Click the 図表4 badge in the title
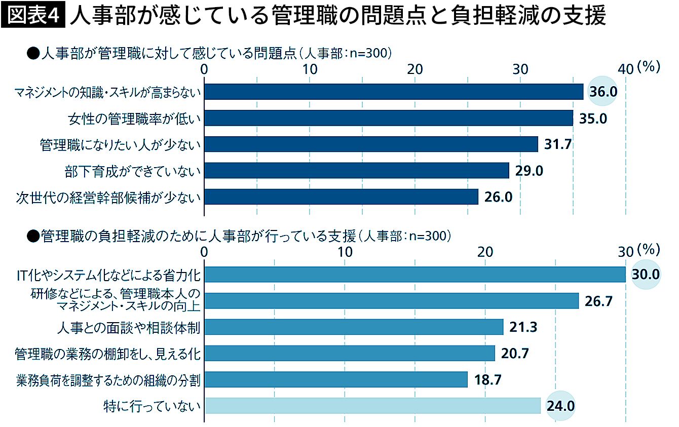click(x=33, y=17)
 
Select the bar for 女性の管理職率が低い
click(x=388, y=118)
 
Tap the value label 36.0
click(x=603, y=92)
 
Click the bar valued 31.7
click(x=370, y=144)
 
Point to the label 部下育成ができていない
click(x=133, y=171)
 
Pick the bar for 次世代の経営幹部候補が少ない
click(x=341, y=197)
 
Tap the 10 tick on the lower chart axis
click(x=345, y=252)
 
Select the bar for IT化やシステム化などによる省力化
click(x=414, y=274)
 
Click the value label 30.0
click(x=646, y=275)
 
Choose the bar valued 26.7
click(x=391, y=301)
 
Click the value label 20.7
click(x=515, y=354)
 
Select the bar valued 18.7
click(x=335, y=379)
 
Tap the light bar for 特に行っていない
click(x=372, y=406)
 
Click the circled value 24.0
click(x=560, y=406)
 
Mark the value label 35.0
click(x=593, y=119)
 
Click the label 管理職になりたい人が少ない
click(x=121, y=145)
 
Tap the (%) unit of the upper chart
click(x=649, y=67)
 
